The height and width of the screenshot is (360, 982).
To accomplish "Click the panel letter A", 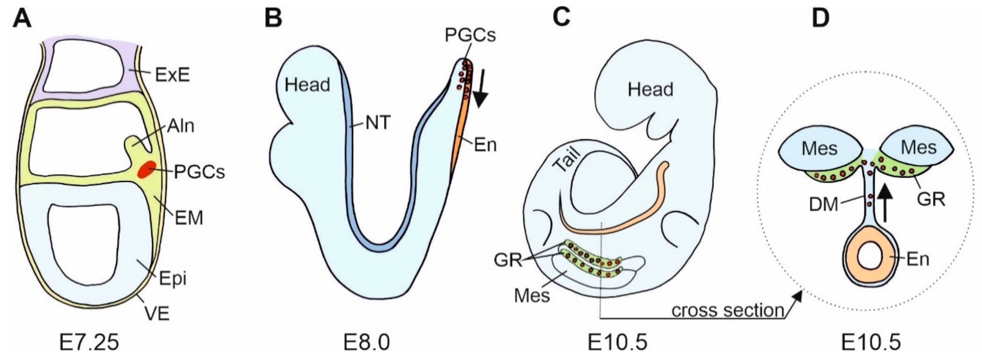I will point(22,18).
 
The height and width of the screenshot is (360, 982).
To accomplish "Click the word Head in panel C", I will point(650,90).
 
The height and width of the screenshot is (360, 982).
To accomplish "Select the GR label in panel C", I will point(507,260).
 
